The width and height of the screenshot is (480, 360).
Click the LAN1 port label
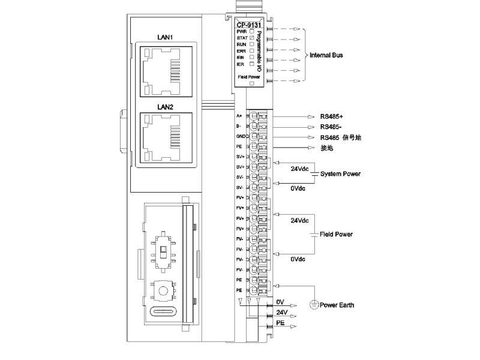click(x=165, y=37)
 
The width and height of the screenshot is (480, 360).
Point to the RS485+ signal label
click(x=332, y=116)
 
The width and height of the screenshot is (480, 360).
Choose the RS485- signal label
click(x=332, y=127)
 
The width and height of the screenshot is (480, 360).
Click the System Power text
click(x=340, y=174)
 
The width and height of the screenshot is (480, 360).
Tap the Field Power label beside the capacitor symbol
click(x=336, y=234)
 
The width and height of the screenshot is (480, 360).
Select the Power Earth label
click(x=337, y=305)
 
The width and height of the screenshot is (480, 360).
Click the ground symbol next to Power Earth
click(x=313, y=305)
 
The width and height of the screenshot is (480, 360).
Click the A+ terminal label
click(x=239, y=115)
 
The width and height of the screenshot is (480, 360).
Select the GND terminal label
click(x=239, y=136)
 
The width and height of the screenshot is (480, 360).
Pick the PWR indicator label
click(x=241, y=31)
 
